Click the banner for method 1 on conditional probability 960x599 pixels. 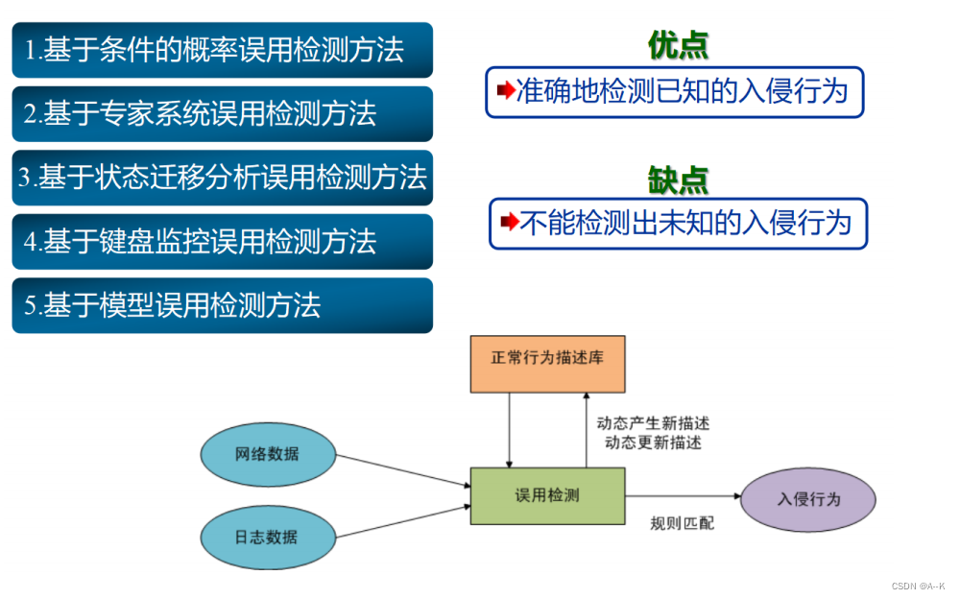pyautogui.click(x=222, y=50)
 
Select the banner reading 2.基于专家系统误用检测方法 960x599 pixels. pyautogui.click(x=222, y=114)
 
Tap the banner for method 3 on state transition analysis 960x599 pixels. pyautogui.click(x=222, y=178)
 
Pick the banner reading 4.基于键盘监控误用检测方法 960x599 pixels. pyautogui.click(x=222, y=242)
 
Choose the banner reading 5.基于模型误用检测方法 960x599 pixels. pyautogui.click(x=222, y=305)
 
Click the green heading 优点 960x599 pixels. pyautogui.click(x=678, y=45)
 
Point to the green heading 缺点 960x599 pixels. pyautogui.click(x=678, y=179)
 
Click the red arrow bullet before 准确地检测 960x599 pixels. pyautogui.click(x=506, y=91)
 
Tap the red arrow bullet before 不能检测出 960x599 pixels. pyautogui.click(x=510, y=224)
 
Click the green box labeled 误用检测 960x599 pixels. pyautogui.click(x=547, y=495)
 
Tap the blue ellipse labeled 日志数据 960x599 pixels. pyautogui.click(x=267, y=537)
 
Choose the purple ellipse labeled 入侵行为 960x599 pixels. pyautogui.click(x=808, y=499)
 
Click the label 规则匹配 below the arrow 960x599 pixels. pyautogui.click(x=682, y=524)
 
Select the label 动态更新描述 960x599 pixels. pyautogui.click(x=653, y=443)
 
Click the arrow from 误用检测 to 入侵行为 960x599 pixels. pyautogui.click(x=684, y=496)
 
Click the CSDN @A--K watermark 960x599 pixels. pyautogui.click(x=918, y=586)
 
